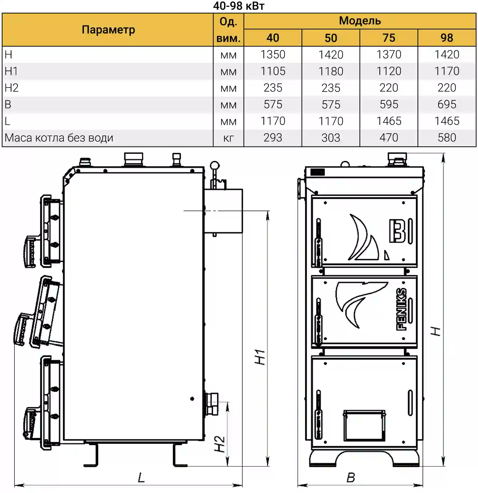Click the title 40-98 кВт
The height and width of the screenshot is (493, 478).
[239, 6]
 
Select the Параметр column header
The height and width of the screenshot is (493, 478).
[108, 30]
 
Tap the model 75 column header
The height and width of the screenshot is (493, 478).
[389, 38]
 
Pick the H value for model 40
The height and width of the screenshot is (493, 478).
[273, 55]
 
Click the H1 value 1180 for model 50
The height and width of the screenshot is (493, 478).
[331, 71]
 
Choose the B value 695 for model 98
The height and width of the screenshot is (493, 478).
[447, 104]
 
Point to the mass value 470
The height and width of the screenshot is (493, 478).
[389, 138]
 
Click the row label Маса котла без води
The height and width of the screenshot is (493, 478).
[59, 138]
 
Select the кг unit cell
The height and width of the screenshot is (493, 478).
[228, 138]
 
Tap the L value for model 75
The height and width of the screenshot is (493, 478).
[389, 121]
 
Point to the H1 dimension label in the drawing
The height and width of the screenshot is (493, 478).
[260, 357]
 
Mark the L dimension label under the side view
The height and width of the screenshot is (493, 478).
[141, 477]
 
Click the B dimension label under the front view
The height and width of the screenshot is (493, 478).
[351, 477]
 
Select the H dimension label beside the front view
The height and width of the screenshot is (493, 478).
[435, 331]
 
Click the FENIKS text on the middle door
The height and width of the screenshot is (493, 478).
[401, 309]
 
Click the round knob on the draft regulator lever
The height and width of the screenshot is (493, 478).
[215, 166]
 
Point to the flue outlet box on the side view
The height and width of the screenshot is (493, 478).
[224, 211]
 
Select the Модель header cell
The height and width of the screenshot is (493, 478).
[360, 21]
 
